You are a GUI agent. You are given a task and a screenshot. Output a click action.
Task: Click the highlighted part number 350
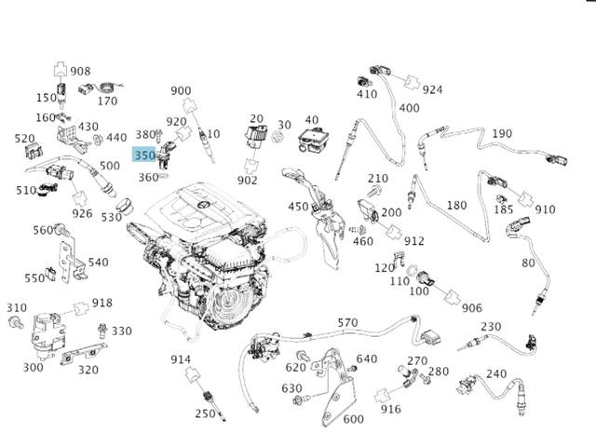point(144,155)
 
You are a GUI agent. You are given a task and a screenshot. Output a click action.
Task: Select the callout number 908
point(81,71)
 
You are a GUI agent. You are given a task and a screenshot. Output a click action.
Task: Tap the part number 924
point(433,89)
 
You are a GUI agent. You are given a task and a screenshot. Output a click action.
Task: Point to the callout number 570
point(347,323)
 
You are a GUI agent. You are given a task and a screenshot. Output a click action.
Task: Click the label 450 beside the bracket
point(298,207)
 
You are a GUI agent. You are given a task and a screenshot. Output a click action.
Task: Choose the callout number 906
point(472,308)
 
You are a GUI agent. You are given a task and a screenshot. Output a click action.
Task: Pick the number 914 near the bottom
point(181,359)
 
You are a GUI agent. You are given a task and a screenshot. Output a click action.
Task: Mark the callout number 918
point(102,303)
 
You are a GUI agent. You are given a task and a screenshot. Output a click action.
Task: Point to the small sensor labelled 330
point(102,331)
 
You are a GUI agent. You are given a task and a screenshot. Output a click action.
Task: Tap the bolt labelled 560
point(58,230)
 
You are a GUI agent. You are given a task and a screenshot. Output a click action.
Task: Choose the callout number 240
point(497,374)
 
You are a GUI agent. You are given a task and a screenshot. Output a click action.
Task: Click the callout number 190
point(502,134)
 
